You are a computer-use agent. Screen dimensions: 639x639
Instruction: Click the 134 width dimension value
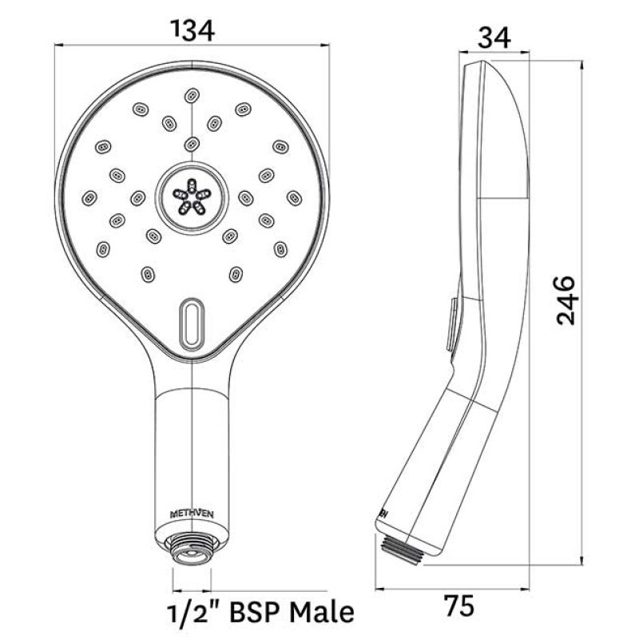coord(194,30)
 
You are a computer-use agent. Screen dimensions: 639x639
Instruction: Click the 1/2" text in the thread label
coord(195,612)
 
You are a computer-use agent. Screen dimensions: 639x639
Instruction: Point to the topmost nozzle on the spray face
coord(191,95)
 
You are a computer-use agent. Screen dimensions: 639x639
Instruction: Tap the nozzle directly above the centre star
coord(191,144)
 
